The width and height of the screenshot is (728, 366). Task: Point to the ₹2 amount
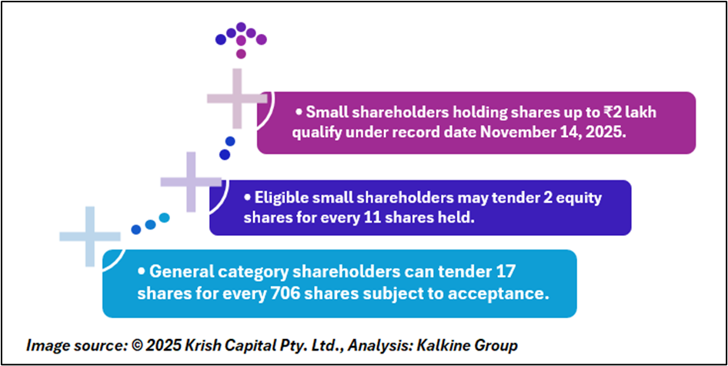(x=607, y=113)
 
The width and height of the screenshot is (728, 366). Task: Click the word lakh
(x=639, y=113)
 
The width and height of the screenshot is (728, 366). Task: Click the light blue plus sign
(x=90, y=237)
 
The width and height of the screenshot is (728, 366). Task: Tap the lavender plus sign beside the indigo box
(x=191, y=181)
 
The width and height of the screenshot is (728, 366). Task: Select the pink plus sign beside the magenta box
(x=237, y=99)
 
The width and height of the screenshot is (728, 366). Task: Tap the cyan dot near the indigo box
(x=165, y=217)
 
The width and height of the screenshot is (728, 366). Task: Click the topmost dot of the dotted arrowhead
(x=241, y=26)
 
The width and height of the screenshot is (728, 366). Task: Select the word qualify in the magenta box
(x=284, y=133)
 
